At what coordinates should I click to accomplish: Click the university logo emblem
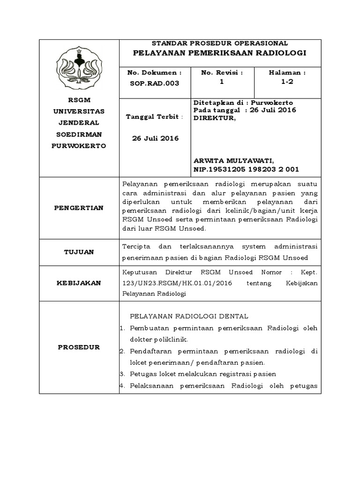(x=78, y=67)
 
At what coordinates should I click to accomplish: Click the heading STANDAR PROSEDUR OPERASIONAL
(x=220, y=43)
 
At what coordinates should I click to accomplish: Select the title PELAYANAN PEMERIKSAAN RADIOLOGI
(x=220, y=53)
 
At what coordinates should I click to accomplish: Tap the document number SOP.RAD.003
(x=154, y=83)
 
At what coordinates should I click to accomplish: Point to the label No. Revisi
(x=222, y=73)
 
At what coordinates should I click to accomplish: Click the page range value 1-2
(x=287, y=82)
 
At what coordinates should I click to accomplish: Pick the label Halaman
(x=287, y=73)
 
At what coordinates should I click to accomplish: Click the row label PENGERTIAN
(x=79, y=208)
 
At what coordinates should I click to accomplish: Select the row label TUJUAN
(x=79, y=252)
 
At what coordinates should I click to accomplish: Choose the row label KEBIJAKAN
(x=79, y=283)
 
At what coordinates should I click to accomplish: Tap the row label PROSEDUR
(x=79, y=347)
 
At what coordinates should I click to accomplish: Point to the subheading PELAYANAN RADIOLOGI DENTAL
(x=189, y=316)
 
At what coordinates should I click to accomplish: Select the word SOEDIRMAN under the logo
(x=79, y=135)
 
